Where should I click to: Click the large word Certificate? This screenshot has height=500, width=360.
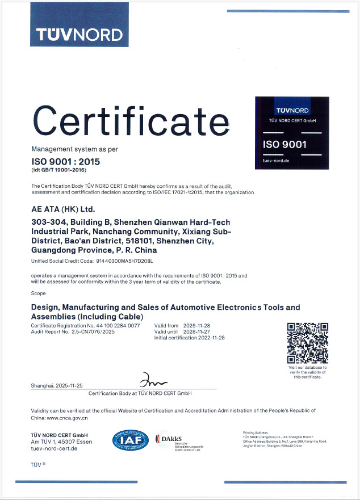[x=130, y=121]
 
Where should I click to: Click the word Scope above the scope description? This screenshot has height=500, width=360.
[x=38, y=293]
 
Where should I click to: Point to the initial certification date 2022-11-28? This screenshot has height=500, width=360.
[x=210, y=338]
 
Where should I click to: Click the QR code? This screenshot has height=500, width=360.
[x=308, y=342]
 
